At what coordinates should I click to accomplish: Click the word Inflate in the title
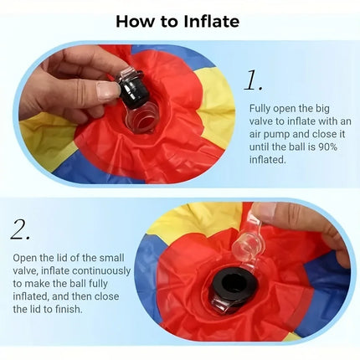point(211,21)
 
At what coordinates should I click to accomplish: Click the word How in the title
point(135,21)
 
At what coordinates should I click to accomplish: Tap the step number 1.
point(253,80)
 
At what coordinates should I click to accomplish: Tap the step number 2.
point(20,229)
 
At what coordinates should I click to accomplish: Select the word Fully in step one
point(260,109)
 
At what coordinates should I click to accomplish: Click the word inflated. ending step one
point(268,160)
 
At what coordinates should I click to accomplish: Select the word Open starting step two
point(24,258)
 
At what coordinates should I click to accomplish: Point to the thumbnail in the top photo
point(106,90)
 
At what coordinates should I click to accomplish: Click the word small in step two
point(111,258)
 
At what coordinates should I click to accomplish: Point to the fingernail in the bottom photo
point(265,210)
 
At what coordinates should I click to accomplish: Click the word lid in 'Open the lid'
point(62,258)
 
